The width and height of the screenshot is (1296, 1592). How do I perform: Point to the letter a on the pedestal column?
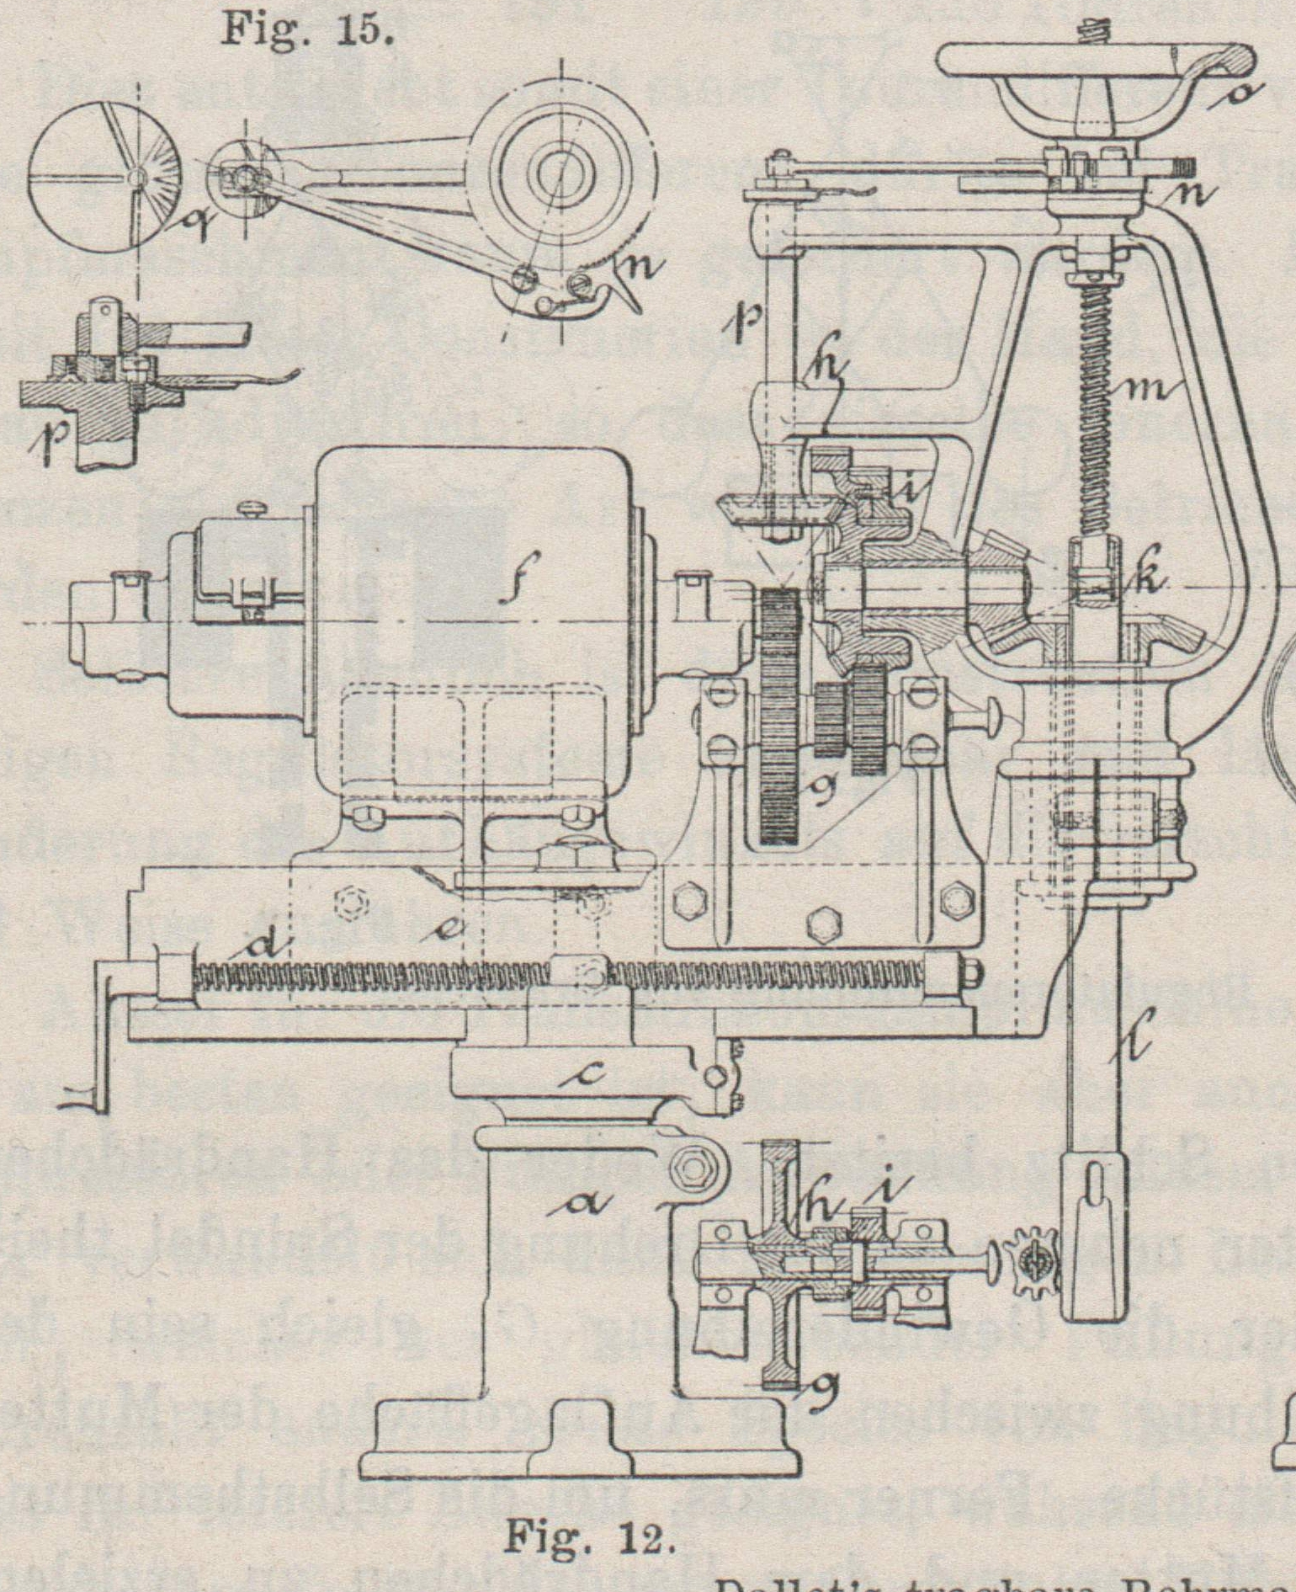580,1206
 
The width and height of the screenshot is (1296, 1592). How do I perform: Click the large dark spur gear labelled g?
779,716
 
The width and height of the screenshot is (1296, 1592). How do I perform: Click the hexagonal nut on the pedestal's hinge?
693,1168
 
